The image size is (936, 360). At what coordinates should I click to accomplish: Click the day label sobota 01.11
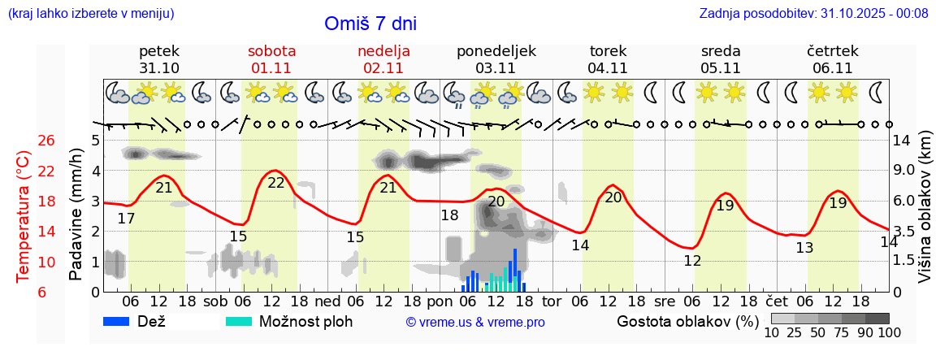click(271, 59)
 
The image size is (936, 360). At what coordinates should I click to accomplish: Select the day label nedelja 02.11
click(383, 59)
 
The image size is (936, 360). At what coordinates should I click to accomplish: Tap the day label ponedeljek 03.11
click(496, 59)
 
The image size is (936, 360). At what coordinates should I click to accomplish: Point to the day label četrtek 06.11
click(832, 59)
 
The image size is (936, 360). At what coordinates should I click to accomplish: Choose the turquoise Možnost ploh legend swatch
click(239, 321)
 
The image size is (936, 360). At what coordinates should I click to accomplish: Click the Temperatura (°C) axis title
click(24, 215)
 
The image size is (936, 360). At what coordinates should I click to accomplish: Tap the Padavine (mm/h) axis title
click(76, 215)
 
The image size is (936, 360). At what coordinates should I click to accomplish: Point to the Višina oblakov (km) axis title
click(924, 215)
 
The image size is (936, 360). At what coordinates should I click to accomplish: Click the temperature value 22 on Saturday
click(276, 183)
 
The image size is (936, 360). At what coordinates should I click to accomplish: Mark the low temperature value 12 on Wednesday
click(692, 261)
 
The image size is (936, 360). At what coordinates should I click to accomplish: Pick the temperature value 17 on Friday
click(126, 219)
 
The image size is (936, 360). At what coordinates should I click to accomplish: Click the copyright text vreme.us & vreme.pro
click(475, 322)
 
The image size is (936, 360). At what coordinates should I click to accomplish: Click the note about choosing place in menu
click(90, 13)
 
